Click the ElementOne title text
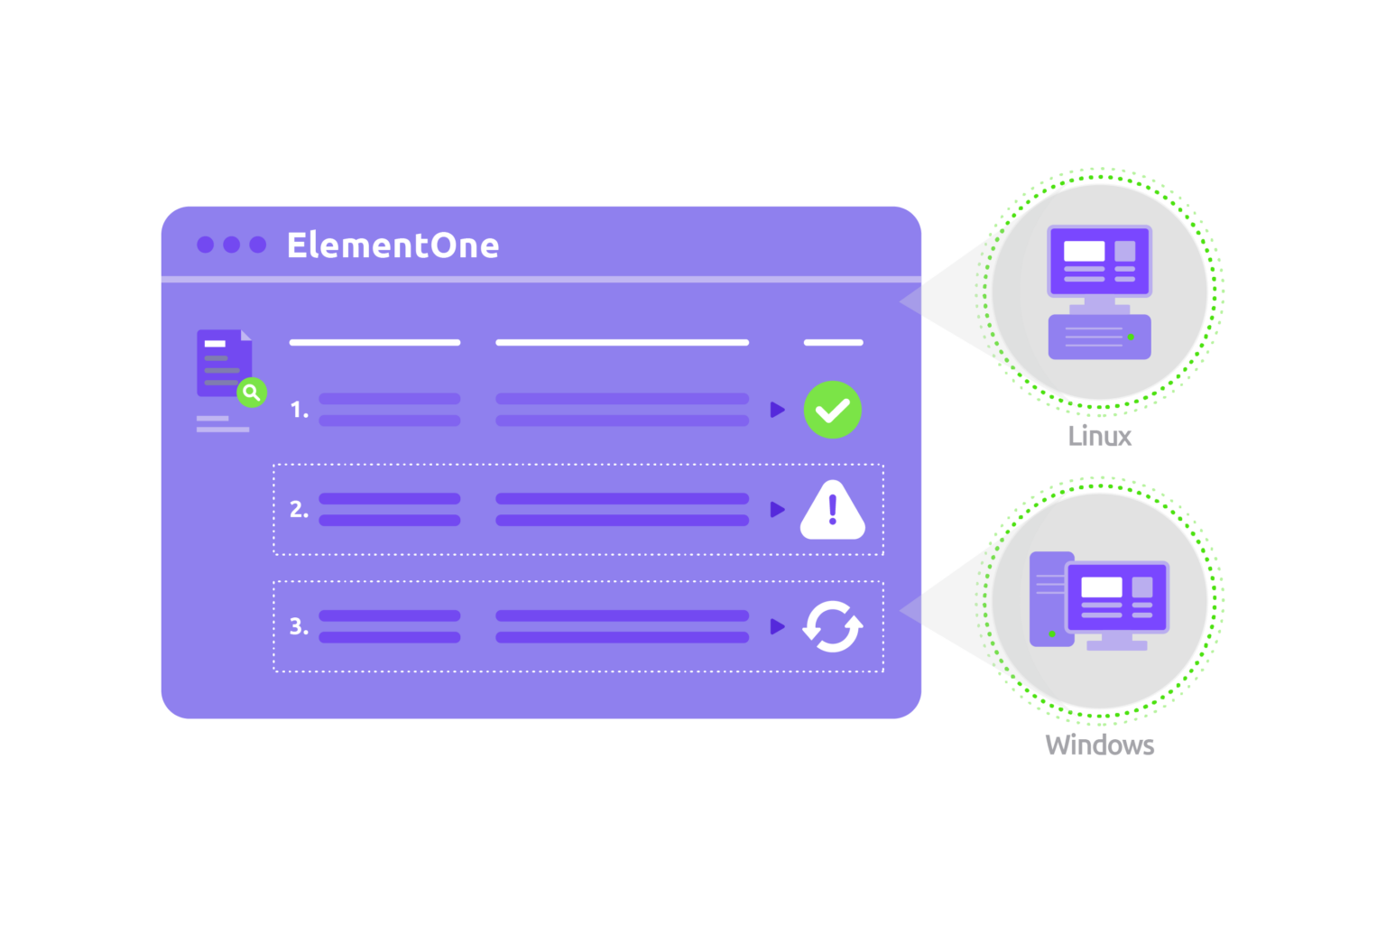tap(393, 245)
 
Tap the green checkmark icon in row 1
tap(832, 410)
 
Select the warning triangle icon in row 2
tap(832, 512)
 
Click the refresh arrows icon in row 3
tap(832, 626)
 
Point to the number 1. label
tap(299, 410)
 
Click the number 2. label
tap(299, 510)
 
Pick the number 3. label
tap(299, 626)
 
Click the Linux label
tap(1099, 436)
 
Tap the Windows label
tap(1099, 745)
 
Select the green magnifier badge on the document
tap(252, 393)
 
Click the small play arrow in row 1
tap(777, 410)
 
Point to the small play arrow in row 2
tap(777, 510)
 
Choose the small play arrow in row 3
tap(777, 626)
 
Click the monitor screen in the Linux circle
tap(1099, 261)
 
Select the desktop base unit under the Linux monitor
tap(1099, 337)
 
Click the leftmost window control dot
tap(205, 245)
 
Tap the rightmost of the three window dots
tap(258, 245)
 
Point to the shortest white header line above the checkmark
tap(833, 343)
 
